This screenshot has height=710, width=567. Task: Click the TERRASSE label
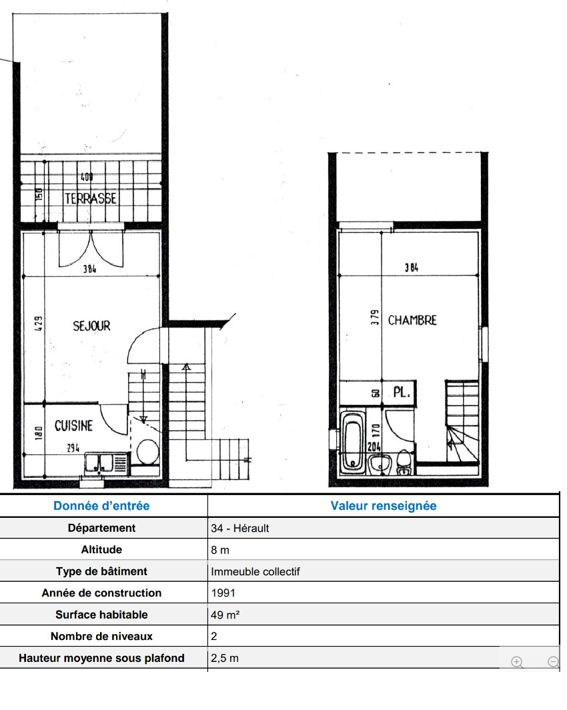(91, 198)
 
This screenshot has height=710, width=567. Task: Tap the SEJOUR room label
(91, 326)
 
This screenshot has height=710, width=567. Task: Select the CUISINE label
(74, 426)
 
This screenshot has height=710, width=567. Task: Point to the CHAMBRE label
(412, 320)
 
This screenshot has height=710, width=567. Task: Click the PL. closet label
(402, 392)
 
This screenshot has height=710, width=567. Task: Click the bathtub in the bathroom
(352, 440)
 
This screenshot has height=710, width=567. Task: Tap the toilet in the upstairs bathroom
(404, 462)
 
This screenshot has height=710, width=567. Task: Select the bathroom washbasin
(380, 464)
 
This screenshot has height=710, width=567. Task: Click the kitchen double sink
(99, 463)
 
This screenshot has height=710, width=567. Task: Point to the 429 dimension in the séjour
(39, 323)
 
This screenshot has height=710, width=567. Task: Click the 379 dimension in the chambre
(375, 318)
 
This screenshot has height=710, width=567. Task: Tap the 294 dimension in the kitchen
(73, 448)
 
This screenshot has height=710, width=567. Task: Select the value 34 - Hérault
(240, 528)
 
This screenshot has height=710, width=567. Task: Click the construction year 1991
(223, 593)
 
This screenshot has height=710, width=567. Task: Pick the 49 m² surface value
(225, 615)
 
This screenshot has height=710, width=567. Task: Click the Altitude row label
(101, 550)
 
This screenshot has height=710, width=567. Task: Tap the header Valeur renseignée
(384, 506)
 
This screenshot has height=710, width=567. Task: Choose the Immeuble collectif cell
(255, 571)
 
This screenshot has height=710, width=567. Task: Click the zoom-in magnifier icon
(517, 662)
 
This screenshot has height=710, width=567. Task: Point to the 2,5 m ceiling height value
(224, 658)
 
